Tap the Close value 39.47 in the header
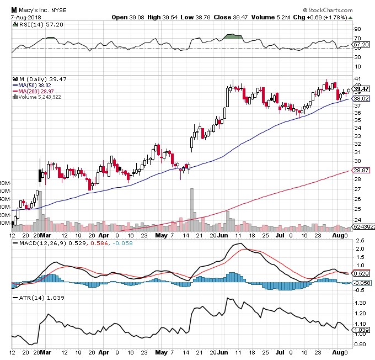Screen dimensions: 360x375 [x=238, y=17]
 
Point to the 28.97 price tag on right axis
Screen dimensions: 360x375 [x=361, y=171]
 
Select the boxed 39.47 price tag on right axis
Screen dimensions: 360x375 [x=361, y=89]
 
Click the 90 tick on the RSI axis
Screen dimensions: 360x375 [x=357, y=29]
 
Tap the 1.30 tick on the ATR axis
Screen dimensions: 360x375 [x=360, y=303]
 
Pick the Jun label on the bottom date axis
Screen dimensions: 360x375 [x=222, y=236]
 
